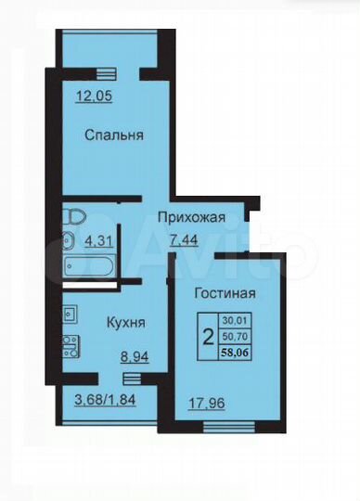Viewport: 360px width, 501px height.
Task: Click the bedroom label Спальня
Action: (x=114, y=135)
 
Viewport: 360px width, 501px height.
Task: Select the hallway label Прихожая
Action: (x=192, y=218)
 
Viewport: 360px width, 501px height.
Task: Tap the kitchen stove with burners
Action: (x=69, y=347)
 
